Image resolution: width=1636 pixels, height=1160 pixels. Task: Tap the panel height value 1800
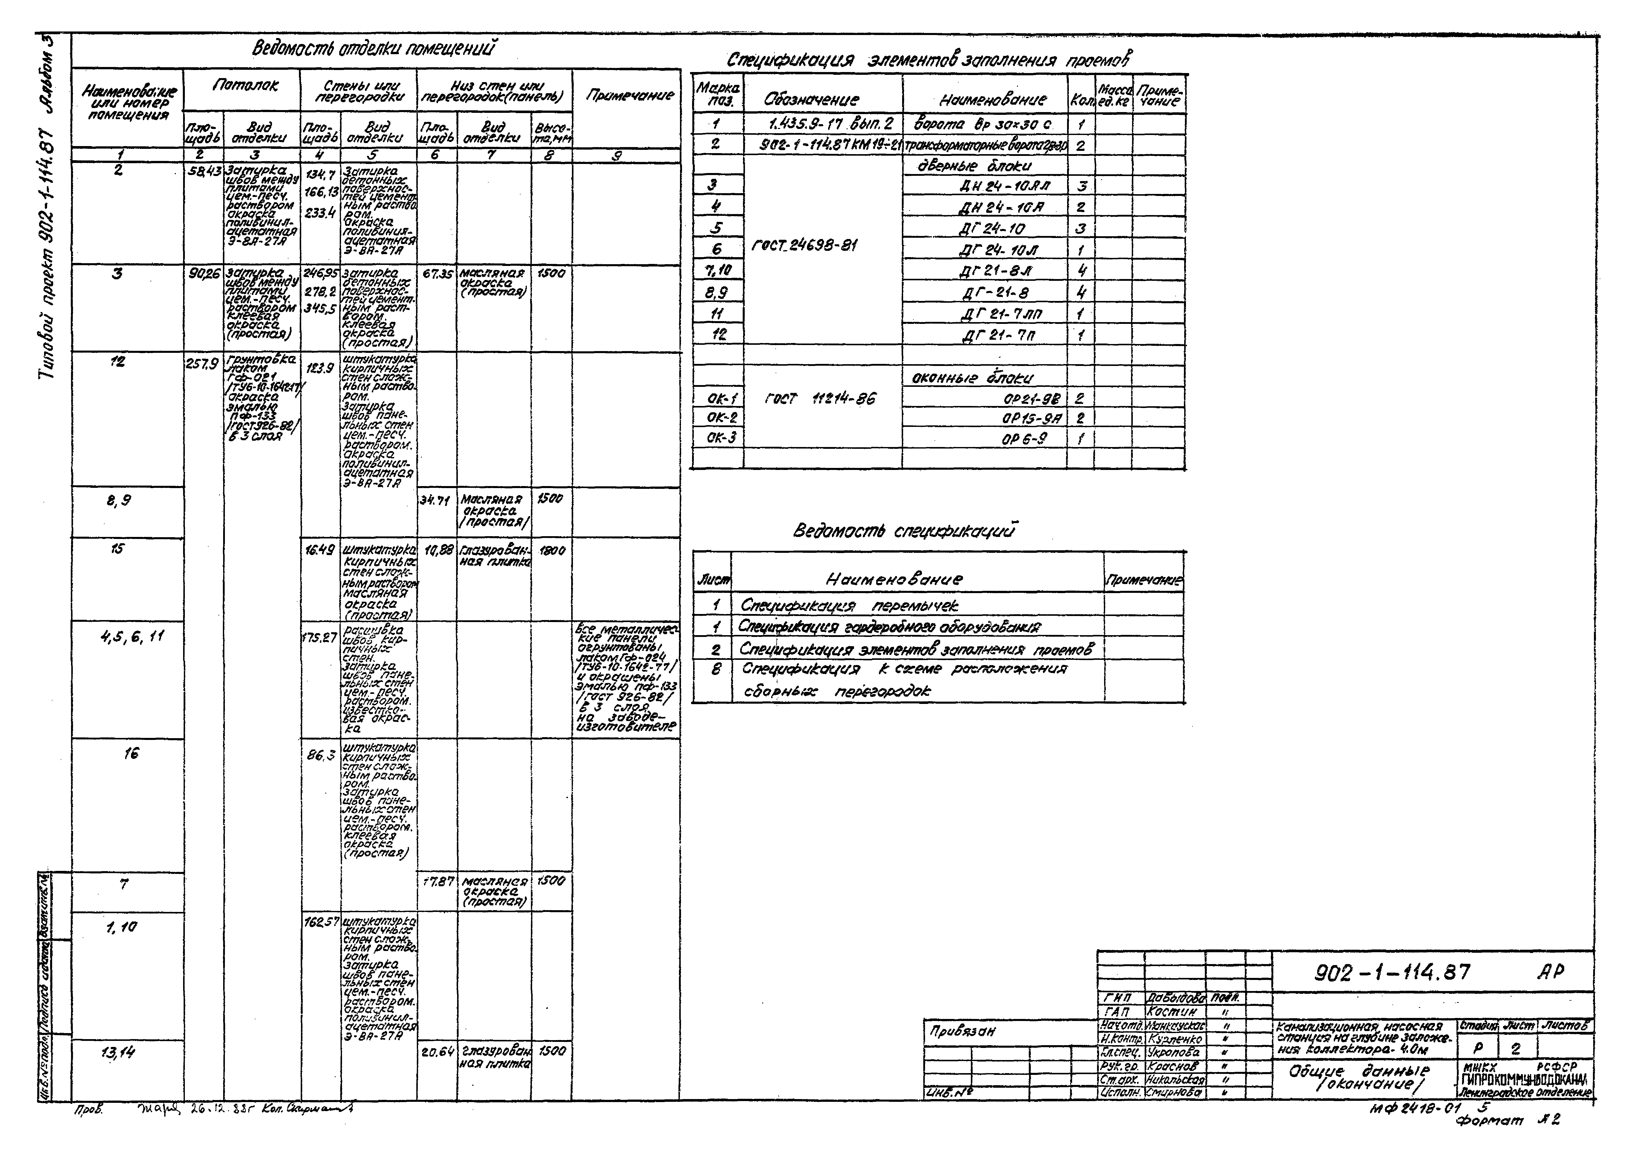[x=551, y=551]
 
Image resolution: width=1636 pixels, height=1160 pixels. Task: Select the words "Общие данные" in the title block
[x=1358, y=1071]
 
